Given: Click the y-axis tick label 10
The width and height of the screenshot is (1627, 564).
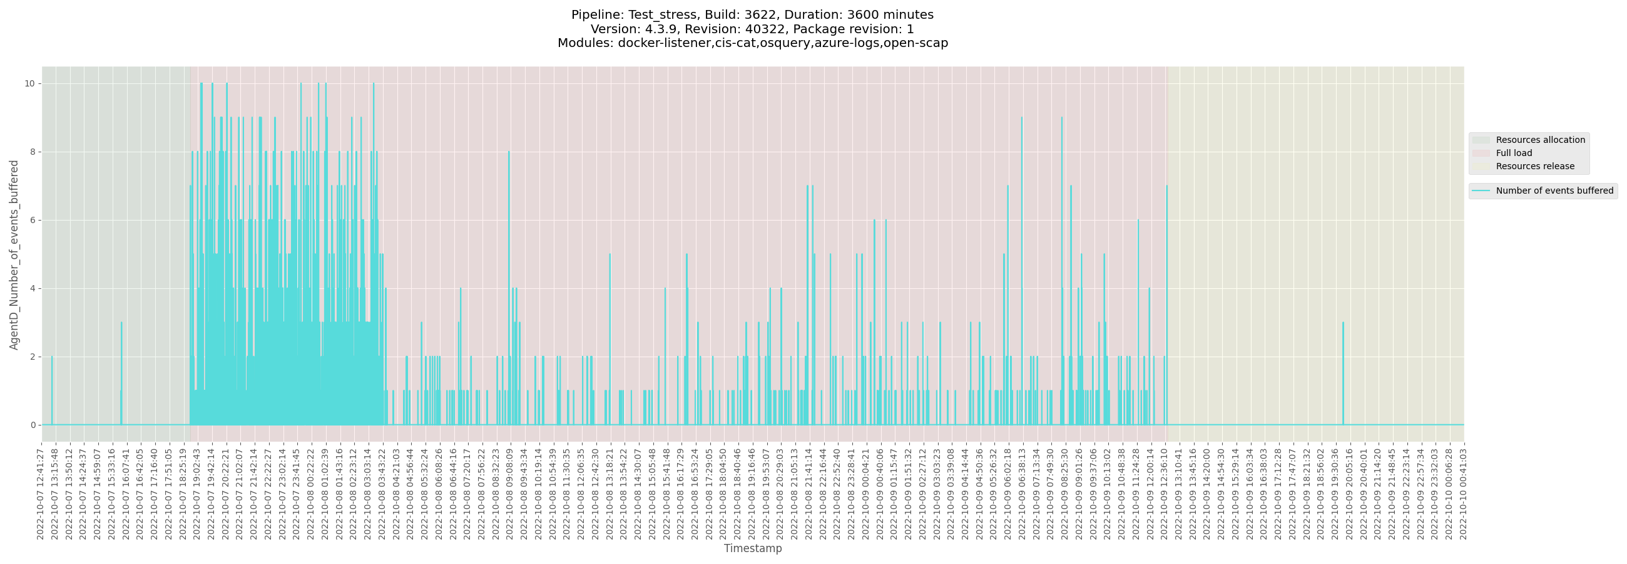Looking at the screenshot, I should (x=29, y=83).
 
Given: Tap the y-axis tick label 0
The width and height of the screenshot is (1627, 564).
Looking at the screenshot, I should (x=32, y=425).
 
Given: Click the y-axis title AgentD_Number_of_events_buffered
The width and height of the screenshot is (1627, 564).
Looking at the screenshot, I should (x=14, y=254).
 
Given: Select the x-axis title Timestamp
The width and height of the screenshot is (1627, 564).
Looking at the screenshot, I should (x=752, y=548).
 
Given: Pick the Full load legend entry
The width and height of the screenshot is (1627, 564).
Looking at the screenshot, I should (x=1513, y=153).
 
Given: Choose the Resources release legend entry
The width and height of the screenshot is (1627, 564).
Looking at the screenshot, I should (x=1535, y=166).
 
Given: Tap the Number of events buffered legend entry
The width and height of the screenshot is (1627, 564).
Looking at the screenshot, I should (x=1554, y=191).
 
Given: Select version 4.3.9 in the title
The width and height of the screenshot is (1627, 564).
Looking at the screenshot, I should (x=662, y=29).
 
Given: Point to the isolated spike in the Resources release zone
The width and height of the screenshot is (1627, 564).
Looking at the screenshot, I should (x=1343, y=324).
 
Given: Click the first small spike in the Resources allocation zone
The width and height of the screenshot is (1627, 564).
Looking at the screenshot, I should (x=52, y=357).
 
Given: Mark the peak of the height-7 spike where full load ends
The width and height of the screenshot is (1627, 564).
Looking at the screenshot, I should (x=1166, y=187).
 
